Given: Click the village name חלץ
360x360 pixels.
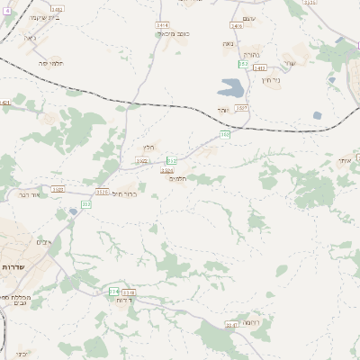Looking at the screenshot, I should coord(148,148).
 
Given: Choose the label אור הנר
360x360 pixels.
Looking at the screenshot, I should coord(31,193).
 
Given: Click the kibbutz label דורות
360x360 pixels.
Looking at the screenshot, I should coord(124,300).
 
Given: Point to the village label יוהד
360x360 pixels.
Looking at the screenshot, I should coord(221,110).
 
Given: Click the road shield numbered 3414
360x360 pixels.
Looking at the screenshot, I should coord(162,25).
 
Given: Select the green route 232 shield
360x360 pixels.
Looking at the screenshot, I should coord(86,204).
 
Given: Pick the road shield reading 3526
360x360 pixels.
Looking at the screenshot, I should coord(102,191).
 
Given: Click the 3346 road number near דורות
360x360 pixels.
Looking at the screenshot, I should coord(129,292).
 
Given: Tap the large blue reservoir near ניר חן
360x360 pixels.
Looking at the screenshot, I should coord(230,87).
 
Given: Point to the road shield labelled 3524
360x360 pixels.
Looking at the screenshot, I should coord(166,170).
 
